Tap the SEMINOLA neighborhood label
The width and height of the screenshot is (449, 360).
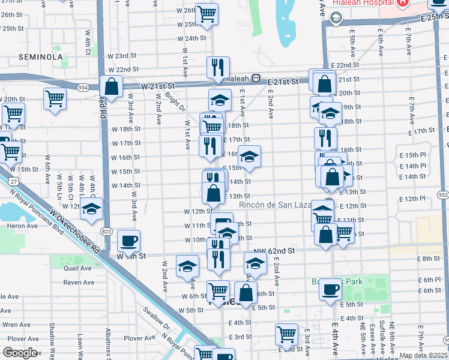point(41,57)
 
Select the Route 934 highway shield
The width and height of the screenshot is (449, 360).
point(83,88)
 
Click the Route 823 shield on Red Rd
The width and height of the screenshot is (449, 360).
point(107,231)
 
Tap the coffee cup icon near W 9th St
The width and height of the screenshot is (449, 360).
point(128,241)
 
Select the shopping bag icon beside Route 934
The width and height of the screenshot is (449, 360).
point(112,86)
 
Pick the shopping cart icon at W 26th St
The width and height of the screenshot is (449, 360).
point(206,14)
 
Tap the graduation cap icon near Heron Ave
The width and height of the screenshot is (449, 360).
point(91,209)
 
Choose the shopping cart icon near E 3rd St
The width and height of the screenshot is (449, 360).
point(287,334)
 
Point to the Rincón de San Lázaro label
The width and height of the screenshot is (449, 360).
point(277,205)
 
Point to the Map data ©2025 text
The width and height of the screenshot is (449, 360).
point(423,355)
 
